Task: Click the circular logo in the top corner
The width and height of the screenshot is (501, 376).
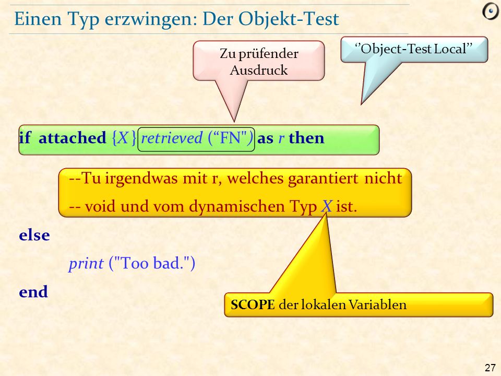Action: (x=490, y=12)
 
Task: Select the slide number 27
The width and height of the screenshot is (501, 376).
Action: (x=490, y=368)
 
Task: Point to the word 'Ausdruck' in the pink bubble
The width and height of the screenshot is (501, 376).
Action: (x=259, y=70)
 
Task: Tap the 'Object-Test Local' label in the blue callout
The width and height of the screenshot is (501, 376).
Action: (x=413, y=49)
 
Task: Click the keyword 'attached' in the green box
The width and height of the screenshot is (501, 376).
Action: (x=72, y=138)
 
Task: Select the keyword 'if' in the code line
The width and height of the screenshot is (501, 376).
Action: (x=25, y=138)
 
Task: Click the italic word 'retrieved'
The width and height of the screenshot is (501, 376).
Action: (x=172, y=138)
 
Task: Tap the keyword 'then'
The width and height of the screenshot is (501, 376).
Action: (x=306, y=138)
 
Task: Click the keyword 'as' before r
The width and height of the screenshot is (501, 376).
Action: (x=265, y=139)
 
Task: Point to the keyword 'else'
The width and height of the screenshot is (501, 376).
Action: (x=34, y=236)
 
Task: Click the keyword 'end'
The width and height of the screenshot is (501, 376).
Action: (x=33, y=291)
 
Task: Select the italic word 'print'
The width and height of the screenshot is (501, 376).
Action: (x=86, y=264)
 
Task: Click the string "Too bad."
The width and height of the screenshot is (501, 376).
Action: (x=152, y=263)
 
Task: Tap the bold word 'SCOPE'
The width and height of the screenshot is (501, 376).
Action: (x=253, y=304)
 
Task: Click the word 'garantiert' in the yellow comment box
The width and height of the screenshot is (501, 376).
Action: (x=323, y=179)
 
